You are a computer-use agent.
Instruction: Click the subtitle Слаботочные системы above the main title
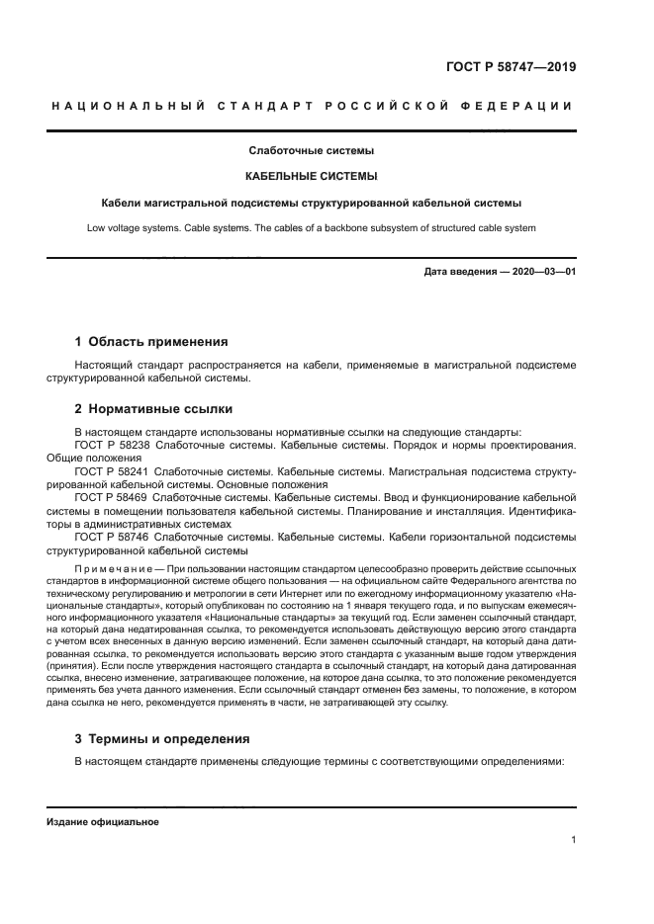point(311,151)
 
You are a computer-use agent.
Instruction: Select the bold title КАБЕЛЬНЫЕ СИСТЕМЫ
point(311,176)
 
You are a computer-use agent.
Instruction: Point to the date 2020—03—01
point(543,271)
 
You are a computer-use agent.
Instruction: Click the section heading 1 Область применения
point(151,341)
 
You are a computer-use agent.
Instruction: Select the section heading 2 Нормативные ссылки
point(154,408)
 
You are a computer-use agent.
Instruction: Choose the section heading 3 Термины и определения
point(162,738)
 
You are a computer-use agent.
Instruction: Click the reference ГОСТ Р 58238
point(112,445)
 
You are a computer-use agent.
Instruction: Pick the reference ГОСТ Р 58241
point(112,471)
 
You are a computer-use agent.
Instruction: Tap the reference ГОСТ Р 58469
point(112,498)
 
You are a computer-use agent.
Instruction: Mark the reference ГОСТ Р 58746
point(112,537)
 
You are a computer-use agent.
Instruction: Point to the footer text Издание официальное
point(102,821)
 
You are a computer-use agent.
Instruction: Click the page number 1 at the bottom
point(573,840)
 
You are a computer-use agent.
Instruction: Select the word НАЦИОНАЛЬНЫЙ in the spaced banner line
point(128,106)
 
